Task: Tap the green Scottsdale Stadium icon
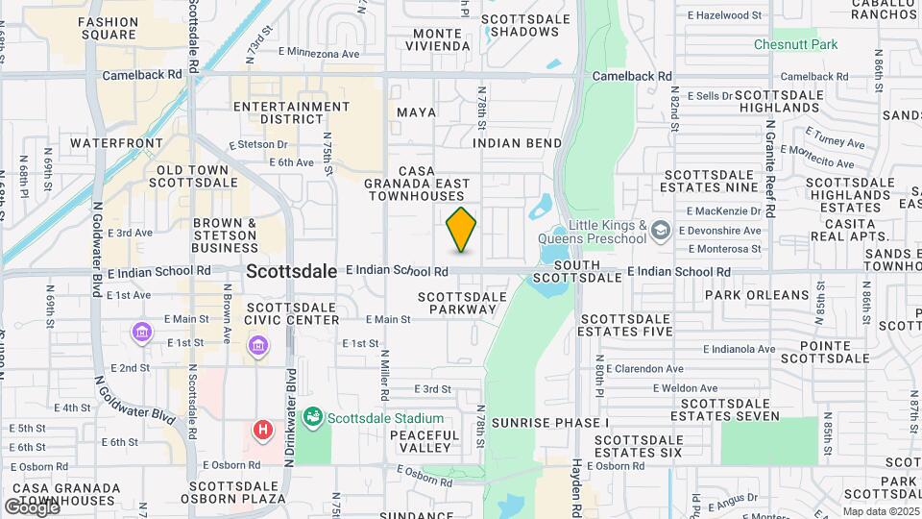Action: (x=312, y=418)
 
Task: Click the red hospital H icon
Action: (x=262, y=430)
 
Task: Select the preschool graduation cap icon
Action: (x=660, y=231)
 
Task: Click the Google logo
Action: (x=31, y=507)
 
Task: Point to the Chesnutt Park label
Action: (x=795, y=44)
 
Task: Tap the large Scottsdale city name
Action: (x=291, y=272)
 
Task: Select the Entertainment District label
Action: (x=278, y=112)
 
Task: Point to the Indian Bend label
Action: (x=517, y=143)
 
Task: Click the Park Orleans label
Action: (x=758, y=295)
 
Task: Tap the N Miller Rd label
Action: (x=383, y=369)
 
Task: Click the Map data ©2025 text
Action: (x=879, y=511)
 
